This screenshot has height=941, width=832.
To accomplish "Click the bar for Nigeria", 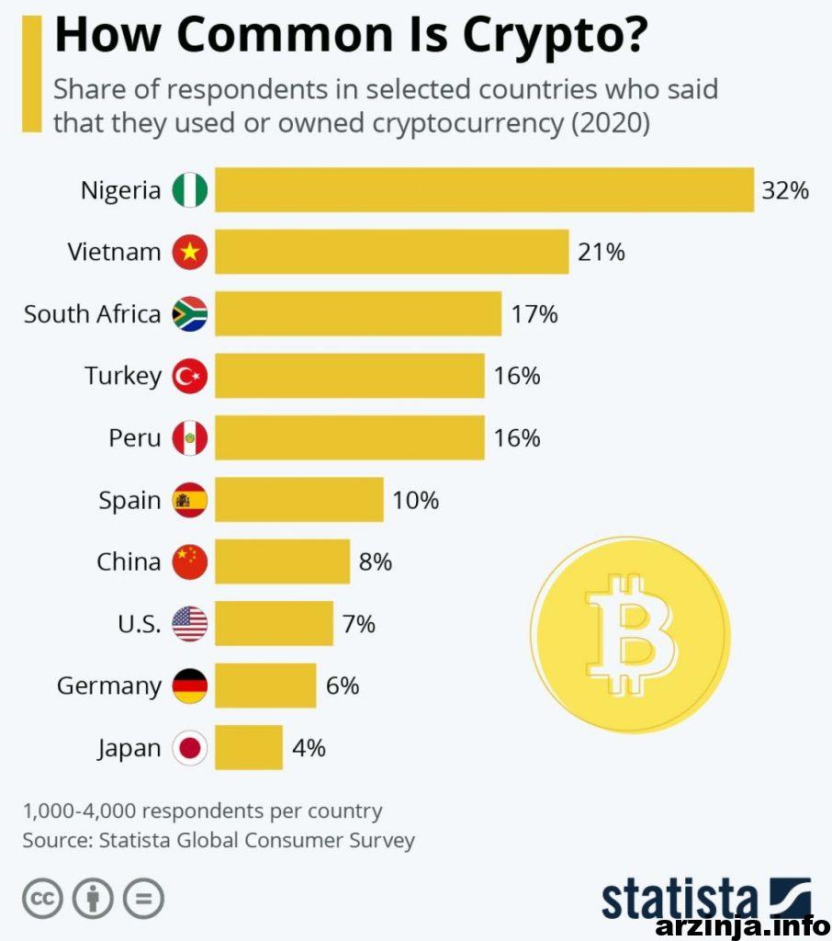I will coord(484,190).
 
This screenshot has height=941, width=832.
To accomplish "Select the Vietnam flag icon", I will coord(190,252).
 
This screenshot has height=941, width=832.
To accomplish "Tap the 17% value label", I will coord(534,314).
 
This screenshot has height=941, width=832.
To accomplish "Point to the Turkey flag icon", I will coord(190,376).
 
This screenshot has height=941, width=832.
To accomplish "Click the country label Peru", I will coord(134,438).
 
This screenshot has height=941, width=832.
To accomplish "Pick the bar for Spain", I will coord(298,500).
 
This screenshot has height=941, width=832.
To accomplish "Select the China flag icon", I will coord(190,561).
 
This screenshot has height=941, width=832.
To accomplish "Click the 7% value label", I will coord(358,624).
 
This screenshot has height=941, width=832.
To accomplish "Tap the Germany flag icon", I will coord(190,686).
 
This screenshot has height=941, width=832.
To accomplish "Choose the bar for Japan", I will coord(248,747).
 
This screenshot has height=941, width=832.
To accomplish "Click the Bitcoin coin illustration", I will coord(630,634).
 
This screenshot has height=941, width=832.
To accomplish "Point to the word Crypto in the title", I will coord(555,35).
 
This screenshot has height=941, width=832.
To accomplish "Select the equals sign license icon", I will coord(142,898).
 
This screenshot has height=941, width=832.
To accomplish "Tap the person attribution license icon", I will coord(93,898).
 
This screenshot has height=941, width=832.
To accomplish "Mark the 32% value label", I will coord(784,190).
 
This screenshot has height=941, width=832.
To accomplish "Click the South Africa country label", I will coord(92,314).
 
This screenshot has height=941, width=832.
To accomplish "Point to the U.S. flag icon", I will coord(190,624).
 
